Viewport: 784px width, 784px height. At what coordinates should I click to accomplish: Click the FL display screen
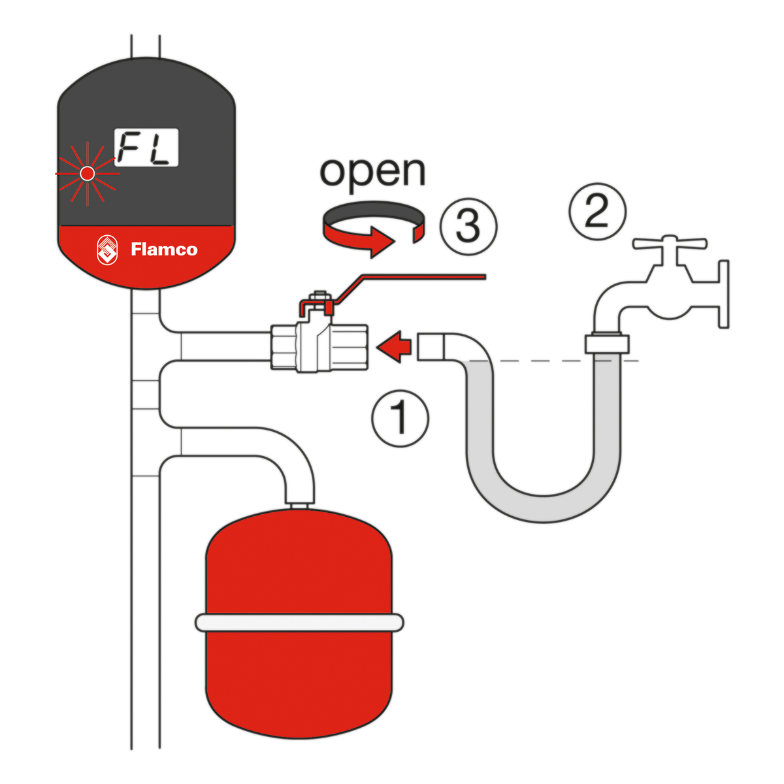[x=146, y=148]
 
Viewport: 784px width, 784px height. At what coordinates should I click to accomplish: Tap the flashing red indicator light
[x=86, y=173]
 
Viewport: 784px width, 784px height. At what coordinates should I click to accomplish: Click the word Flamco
[x=164, y=250]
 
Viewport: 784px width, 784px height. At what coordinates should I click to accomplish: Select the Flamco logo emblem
[x=108, y=250]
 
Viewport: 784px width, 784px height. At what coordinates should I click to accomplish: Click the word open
[x=372, y=171]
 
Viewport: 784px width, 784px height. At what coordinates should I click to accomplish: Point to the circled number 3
[x=468, y=225]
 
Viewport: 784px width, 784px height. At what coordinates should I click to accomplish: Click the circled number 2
[x=597, y=211]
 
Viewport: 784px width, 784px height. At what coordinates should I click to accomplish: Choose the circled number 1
[x=400, y=418]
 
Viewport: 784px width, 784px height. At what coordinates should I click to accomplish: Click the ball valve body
[x=320, y=348]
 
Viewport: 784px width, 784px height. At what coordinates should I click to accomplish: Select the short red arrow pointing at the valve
[x=396, y=346]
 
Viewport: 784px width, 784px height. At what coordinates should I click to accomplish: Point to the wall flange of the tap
[x=723, y=294]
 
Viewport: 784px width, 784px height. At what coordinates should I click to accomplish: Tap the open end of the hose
[x=431, y=346]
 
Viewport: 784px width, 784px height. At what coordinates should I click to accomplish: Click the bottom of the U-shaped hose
[x=544, y=508]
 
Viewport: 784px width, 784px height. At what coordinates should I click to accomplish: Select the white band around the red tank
[x=299, y=623]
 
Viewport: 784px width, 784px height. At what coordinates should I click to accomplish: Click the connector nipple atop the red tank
[x=300, y=504]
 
